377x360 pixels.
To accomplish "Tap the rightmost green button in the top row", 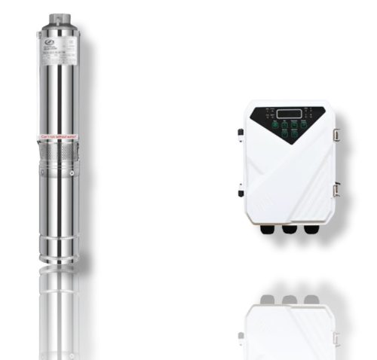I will coord(305,124).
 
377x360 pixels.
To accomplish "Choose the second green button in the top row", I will coord(284,124).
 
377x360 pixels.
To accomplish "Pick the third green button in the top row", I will coord(294,124).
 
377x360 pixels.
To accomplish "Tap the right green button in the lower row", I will coord(295,133).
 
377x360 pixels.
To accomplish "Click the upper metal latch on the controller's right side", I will coord(336,134).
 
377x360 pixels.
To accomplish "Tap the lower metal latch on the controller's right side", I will coord(336,191).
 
